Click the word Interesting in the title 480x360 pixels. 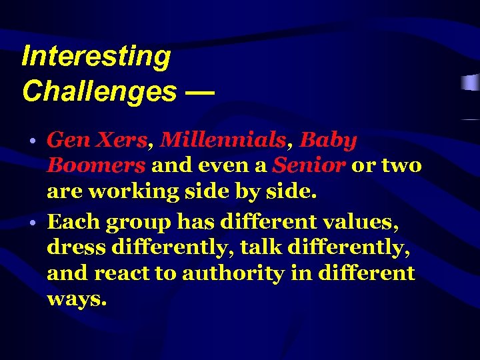(x=96, y=57)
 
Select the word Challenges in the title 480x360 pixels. (x=99, y=91)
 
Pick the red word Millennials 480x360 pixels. (x=223, y=140)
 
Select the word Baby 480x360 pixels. (x=328, y=140)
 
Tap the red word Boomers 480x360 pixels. (x=96, y=165)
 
